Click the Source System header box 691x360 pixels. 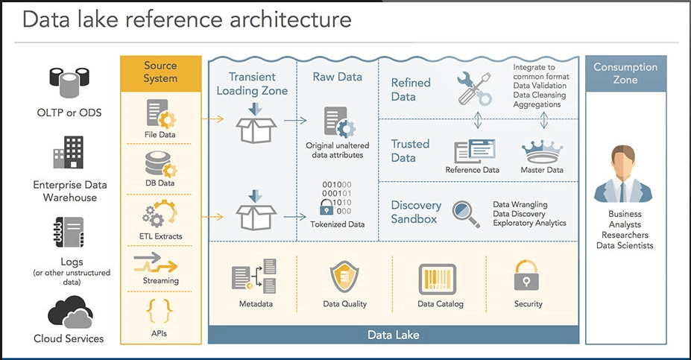(160, 72)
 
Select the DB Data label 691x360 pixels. (160, 183)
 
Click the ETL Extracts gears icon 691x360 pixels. (160, 215)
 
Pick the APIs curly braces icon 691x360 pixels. (160, 308)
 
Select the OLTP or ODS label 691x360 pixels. (69, 113)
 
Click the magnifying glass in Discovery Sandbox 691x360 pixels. (467, 211)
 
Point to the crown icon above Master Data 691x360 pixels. (543, 149)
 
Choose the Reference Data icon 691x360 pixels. (472, 151)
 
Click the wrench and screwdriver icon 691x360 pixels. (474, 88)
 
